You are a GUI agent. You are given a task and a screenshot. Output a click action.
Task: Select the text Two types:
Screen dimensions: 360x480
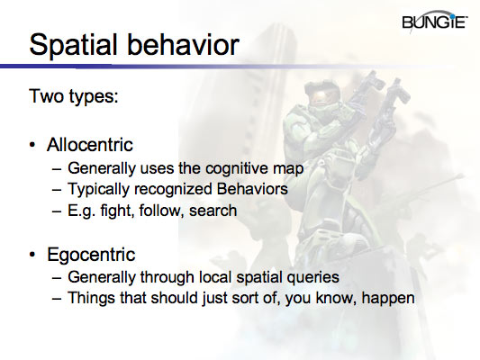tap(75, 96)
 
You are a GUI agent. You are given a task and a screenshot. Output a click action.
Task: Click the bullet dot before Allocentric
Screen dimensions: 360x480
tap(34, 147)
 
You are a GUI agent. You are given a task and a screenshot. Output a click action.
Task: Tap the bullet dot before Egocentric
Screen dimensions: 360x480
tap(34, 254)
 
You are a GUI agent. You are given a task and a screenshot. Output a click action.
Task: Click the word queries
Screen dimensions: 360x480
tap(311, 276)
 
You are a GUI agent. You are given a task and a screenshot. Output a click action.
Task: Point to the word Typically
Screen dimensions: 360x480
tap(98, 189)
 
